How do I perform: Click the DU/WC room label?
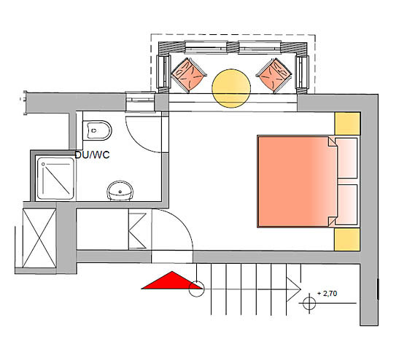92,154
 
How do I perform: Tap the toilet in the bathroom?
97,130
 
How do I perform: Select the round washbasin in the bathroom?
120,191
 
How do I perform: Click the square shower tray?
55,178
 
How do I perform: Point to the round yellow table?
231,88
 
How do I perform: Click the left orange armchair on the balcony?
189,75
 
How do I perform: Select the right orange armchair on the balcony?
274,75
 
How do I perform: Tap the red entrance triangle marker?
172,280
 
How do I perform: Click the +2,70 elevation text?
327,294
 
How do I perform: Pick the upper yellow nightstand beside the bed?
347,123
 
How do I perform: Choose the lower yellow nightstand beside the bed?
347,240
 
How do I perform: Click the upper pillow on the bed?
346,158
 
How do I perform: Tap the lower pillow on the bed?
346,205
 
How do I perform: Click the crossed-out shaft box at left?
39,238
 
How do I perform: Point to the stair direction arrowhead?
293,289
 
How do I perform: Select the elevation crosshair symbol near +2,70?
309,303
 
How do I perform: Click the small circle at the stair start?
196,289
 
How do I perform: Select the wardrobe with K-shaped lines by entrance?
138,230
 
